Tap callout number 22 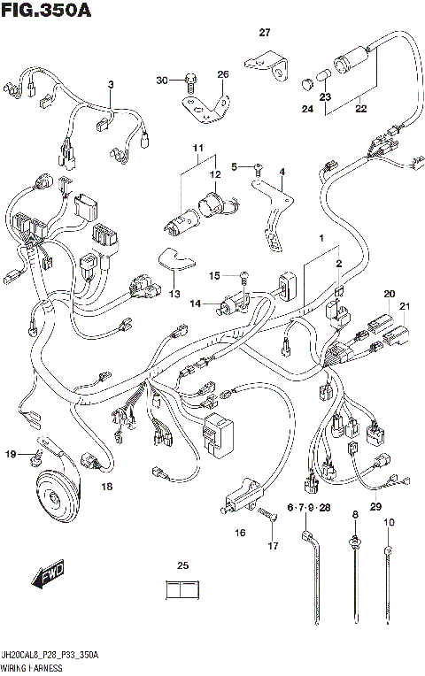click(360, 110)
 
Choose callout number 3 click(112, 84)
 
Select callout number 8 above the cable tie click(354, 515)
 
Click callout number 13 click(174, 294)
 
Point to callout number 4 click(282, 172)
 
